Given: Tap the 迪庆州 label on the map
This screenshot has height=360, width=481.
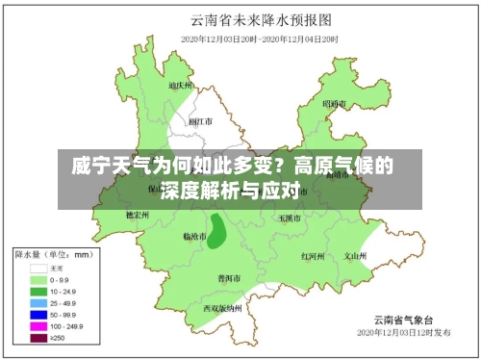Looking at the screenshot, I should [x=180, y=85].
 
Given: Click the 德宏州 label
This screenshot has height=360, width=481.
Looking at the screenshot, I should [x=138, y=216].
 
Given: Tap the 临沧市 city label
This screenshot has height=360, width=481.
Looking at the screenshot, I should [x=195, y=236].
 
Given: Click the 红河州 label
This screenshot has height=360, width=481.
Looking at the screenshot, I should [x=314, y=256].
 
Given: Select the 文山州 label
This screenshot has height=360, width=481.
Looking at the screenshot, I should [x=357, y=256].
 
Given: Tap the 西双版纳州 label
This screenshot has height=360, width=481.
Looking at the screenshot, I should [x=221, y=308].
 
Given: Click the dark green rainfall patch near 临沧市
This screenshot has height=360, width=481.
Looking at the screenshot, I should [x=217, y=231].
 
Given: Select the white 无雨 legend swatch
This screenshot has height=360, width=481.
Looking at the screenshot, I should [x=39, y=269].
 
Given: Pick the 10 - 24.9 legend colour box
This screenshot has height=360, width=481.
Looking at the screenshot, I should [x=39, y=291].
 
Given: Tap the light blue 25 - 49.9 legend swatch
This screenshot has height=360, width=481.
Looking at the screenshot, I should [x=39, y=302].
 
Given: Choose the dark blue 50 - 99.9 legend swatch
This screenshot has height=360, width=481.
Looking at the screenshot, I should [x=39, y=314].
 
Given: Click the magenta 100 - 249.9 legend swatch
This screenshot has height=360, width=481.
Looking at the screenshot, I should [x=39, y=325].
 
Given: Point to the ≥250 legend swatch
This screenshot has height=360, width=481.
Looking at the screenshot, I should [x=39, y=337].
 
